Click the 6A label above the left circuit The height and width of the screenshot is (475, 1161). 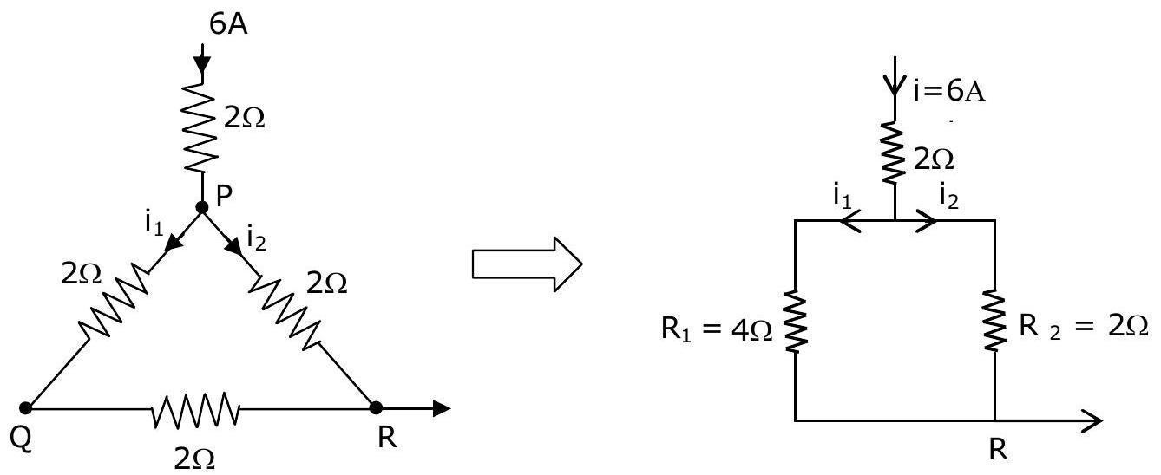228,23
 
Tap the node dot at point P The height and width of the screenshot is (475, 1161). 202,208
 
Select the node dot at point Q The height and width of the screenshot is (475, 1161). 25,408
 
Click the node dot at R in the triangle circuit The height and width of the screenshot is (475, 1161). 376,408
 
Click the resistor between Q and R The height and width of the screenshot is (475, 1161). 195,409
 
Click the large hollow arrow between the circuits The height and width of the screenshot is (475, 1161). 527,264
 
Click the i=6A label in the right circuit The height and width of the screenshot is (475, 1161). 949,92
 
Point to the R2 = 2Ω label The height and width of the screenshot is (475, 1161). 1083,327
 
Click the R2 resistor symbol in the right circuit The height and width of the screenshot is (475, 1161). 994,321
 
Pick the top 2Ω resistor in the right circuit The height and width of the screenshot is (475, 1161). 894,153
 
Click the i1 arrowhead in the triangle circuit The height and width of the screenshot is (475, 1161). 174,242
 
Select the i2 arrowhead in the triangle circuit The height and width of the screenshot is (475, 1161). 234,245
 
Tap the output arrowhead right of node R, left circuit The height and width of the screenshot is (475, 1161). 441,409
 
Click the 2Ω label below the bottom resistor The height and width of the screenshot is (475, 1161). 194,458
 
